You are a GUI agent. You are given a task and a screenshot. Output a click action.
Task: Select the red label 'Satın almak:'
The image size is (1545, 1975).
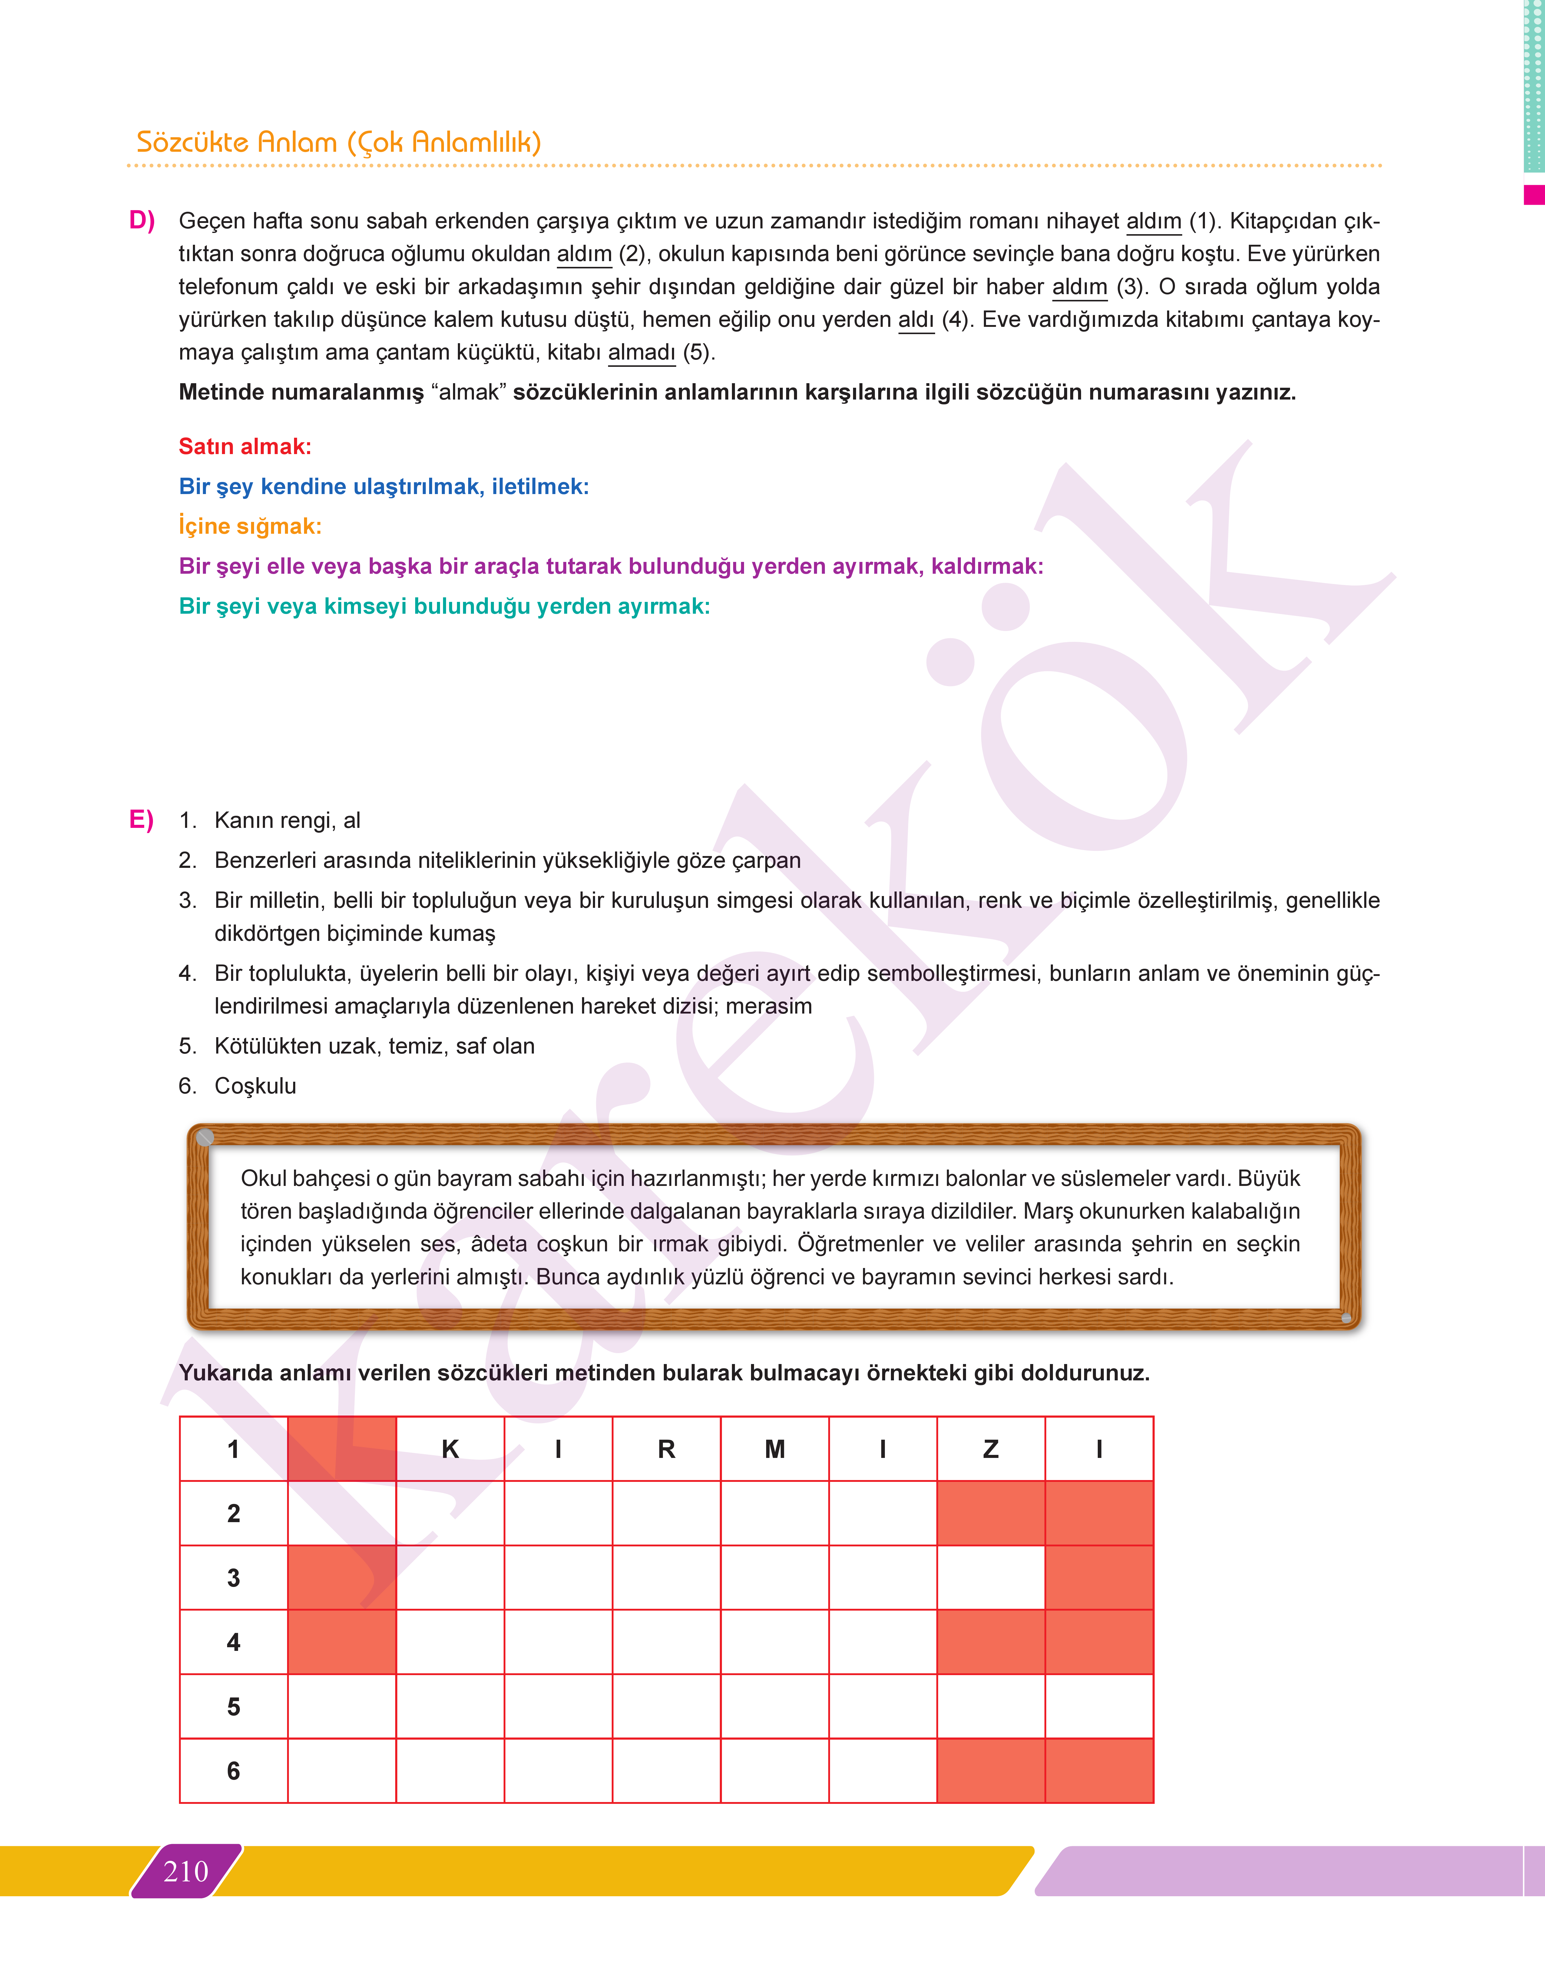244,446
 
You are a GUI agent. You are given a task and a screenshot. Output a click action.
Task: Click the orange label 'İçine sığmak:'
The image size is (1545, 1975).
250,526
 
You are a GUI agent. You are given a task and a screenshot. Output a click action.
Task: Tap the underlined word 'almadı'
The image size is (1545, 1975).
641,352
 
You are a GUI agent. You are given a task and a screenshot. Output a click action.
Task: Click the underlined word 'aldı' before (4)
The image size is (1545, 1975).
915,319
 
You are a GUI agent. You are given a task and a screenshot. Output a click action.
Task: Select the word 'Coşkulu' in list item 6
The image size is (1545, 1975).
255,1086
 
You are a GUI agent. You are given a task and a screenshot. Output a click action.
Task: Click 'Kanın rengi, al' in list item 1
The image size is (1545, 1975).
287,820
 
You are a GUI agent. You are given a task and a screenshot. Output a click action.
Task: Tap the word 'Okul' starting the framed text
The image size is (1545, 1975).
263,1178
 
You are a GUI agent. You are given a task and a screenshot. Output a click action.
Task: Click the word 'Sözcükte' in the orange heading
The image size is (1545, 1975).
192,142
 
